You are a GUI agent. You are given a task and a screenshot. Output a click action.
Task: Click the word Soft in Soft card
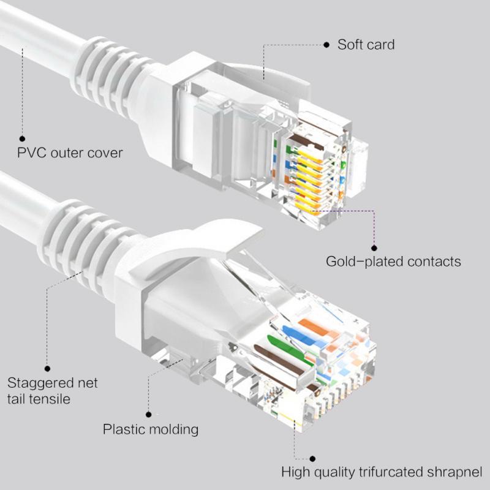[350, 45]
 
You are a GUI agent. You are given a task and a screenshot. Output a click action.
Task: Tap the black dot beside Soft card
[327, 45]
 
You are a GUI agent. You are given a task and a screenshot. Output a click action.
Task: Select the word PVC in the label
[31, 153]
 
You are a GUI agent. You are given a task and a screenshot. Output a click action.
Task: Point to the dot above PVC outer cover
[23, 139]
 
